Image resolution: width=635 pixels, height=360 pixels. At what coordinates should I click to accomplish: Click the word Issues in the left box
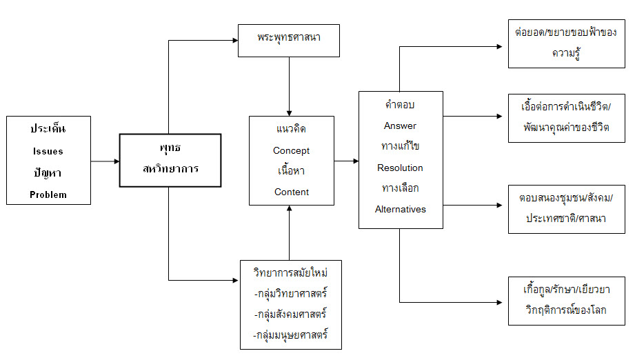(x=48, y=151)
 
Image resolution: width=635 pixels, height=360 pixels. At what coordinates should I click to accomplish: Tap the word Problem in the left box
(x=48, y=194)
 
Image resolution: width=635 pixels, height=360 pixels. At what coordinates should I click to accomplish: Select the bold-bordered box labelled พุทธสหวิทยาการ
(x=170, y=160)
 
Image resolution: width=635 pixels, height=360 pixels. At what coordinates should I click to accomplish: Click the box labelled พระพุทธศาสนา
(x=289, y=41)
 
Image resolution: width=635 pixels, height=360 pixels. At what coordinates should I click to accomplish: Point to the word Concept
(x=291, y=150)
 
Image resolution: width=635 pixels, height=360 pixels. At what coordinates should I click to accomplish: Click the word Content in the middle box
(x=291, y=192)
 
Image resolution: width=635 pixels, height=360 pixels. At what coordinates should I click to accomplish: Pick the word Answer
(x=400, y=126)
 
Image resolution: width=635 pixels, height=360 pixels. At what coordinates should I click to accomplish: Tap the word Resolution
(x=400, y=168)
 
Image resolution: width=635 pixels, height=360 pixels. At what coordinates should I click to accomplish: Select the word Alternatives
(x=400, y=209)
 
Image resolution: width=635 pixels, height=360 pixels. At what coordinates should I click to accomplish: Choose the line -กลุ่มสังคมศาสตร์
(x=291, y=314)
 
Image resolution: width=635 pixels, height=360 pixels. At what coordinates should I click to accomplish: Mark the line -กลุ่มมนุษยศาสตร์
(x=291, y=335)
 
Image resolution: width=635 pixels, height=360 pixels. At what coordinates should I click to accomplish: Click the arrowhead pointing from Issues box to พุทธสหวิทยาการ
(x=116, y=161)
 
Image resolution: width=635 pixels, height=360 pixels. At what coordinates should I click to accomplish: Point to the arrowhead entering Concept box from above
(x=290, y=112)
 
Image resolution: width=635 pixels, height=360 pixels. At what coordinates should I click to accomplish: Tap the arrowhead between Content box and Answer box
(x=355, y=161)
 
